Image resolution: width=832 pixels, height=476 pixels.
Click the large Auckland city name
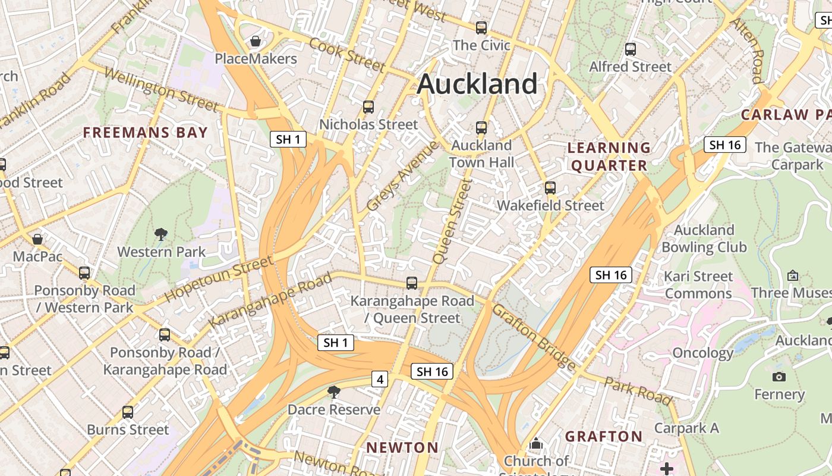pyautogui.click(x=477, y=84)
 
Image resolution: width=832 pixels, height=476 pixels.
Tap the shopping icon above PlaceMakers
pyautogui.click(x=256, y=41)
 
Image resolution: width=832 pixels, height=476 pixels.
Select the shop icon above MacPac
pyautogui.click(x=37, y=239)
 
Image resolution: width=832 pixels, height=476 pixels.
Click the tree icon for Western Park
pyautogui.click(x=160, y=234)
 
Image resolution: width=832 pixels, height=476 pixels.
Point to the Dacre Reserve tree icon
pyautogui.click(x=334, y=392)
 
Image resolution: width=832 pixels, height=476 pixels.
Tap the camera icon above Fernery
pyautogui.click(x=779, y=377)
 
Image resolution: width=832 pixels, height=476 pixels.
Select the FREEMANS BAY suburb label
pyautogui.click(x=146, y=133)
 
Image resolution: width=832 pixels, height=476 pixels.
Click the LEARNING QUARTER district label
pyautogui.click(x=609, y=156)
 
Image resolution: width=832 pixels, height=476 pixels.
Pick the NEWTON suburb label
pyautogui.click(x=402, y=447)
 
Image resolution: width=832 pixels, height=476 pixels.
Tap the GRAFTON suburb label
pyautogui.click(x=604, y=437)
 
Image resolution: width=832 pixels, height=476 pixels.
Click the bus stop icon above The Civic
pyautogui.click(x=481, y=27)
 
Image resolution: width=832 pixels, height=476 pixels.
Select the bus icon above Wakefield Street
pyautogui.click(x=550, y=188)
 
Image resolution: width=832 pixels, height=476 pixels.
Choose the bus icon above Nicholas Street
pyautogui.click(x=368, y=107)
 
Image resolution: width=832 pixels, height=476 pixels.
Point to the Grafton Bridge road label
pyautogui.click(x=534, y=337)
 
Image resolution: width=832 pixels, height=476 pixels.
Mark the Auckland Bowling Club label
pyautogui.click(x=704, y=238)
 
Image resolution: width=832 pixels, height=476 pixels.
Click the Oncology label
pyautogui.click(x=703, y=353)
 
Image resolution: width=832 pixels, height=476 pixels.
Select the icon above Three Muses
pyautogui.click(x=792, y=275)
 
